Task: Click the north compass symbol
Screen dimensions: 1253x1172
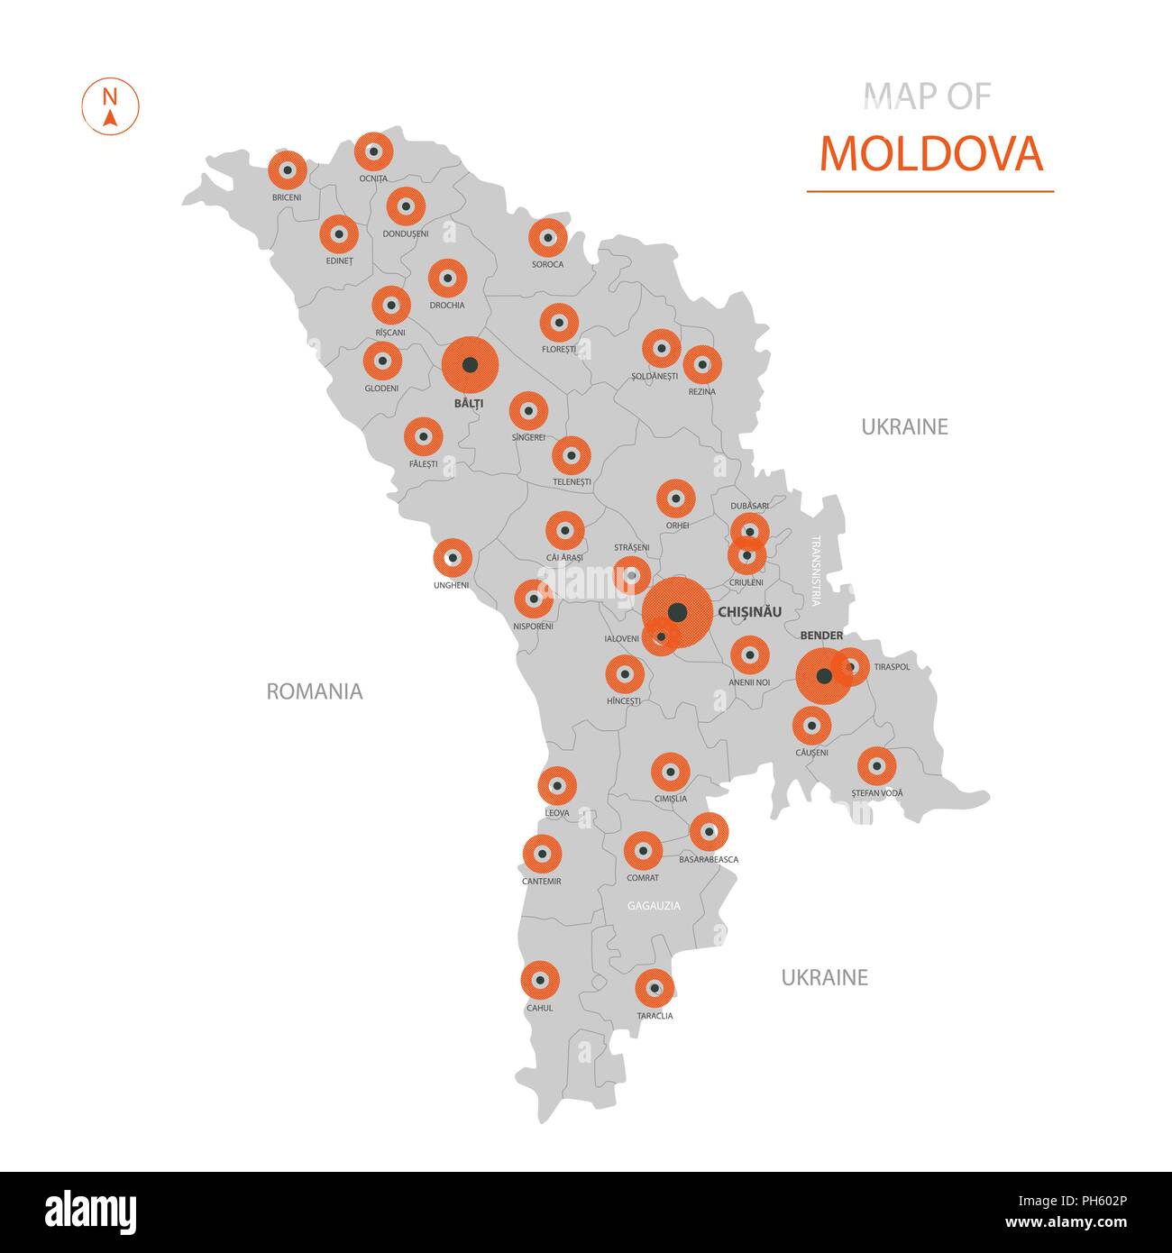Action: [x=110, y=107]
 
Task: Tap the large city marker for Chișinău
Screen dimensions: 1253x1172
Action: [x=677, y=613]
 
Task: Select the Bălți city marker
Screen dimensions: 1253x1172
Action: [x=470, y=365]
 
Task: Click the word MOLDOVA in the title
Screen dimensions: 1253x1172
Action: [x=930, y=154]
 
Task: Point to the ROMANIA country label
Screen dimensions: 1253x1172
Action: [x=315, y=691]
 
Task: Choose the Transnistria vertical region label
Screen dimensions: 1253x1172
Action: [x=816, y=570]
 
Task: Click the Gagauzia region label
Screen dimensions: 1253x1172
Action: [x=654, y=905]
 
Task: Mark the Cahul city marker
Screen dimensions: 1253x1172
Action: [x=540, y=980]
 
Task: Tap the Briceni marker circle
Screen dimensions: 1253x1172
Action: [x=288, y=169]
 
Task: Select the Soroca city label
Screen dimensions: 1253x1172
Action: [x=547, y=264]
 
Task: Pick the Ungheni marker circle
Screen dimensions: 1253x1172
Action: [x=453, y=558]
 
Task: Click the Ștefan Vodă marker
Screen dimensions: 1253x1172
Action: [x=876, y=766]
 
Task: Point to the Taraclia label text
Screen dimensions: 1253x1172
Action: [x=655, y=1016]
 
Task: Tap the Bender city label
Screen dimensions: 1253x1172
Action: [x=821, y=636]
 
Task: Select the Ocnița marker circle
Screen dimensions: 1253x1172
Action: [x=373, y=151]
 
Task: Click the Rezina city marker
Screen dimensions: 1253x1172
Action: [x=702, y=365]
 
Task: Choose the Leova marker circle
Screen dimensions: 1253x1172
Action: [x=557, y=786]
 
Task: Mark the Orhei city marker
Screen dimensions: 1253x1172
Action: [x=675, y=498]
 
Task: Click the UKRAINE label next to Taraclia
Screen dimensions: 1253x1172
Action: [x=824, y=977]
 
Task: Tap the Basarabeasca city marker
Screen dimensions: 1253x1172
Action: [x=709, y=831]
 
